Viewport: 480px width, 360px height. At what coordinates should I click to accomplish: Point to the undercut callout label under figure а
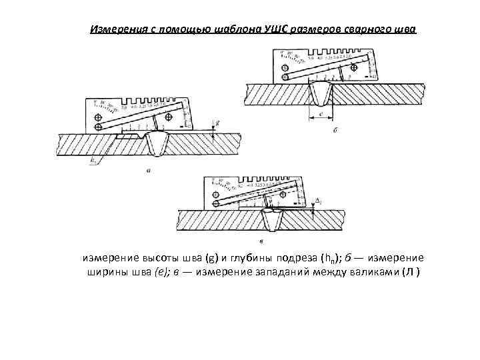tap(93, 159)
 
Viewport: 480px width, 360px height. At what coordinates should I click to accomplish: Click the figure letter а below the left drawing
tap(147, 171)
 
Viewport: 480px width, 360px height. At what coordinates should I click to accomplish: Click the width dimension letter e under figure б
tap(322, 113)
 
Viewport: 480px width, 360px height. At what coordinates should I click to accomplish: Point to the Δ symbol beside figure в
tap(318, 199)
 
